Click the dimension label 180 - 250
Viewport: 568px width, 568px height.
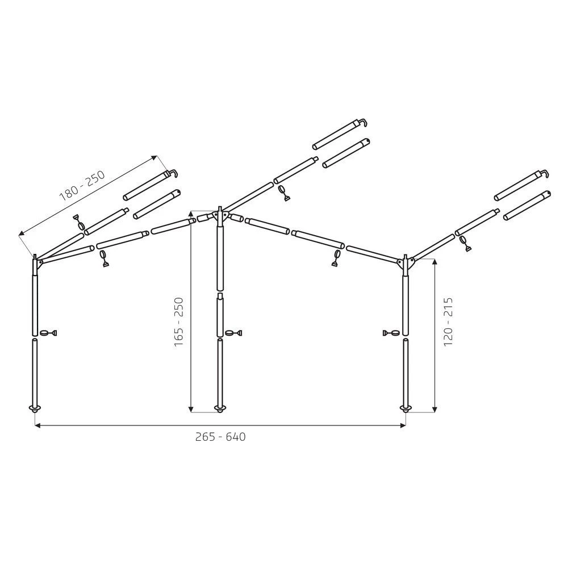(x=82, y=185)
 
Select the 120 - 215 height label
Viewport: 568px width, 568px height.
(x=448, y=321)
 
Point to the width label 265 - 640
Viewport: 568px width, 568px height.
(x=220, y=436)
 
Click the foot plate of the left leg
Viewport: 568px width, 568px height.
(x=35, y=408)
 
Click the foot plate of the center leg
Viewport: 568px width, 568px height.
(x=219, y=408)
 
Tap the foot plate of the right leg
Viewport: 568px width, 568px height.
(x=405, y=408)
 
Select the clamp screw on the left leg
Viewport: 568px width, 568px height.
(x=48, y=332)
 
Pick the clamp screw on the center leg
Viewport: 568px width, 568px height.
(x=233, y=332)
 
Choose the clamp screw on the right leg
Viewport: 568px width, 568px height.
(x=391, y=332)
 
